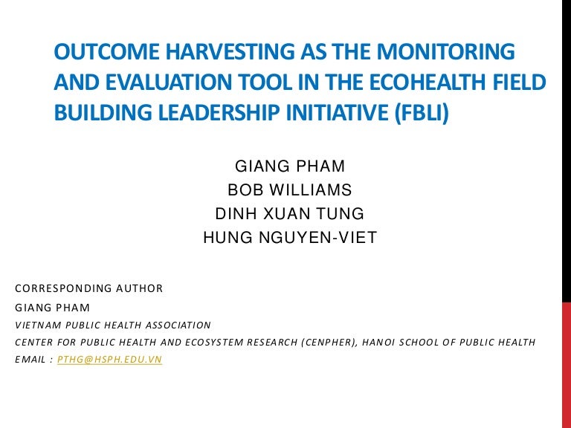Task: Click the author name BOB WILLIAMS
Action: (290, 189)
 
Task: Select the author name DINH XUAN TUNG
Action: (290, 214)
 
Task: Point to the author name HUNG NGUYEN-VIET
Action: (290, 238)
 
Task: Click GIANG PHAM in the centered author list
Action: (290, 166)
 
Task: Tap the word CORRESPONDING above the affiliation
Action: (59, 288)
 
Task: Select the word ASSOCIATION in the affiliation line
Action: (173, 325)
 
